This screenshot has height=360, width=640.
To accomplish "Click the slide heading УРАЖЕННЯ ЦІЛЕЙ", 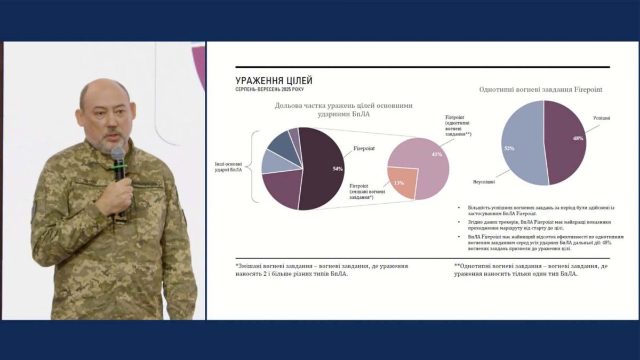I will pyautogui.click(x=274, y=81).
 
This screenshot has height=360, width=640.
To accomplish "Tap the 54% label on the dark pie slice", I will pyautogui.click(x=337, y=169).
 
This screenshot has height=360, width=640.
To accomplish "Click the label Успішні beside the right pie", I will pyautogui.click(x=602, y=117).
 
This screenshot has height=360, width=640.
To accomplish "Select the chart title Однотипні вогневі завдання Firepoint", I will pyautogui.click(x=541, y=90).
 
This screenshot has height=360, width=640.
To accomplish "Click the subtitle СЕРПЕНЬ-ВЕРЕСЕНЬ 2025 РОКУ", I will pyautogui.click(x=269, y=90).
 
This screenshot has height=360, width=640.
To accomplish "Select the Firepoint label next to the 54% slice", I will pyautogui.click(x=363, y=148).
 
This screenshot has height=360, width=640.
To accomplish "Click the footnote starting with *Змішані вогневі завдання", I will pyautogui.click(x=322, y=269).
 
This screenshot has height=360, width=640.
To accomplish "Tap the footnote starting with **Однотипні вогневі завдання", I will pyautogui.click(x=531, y=269).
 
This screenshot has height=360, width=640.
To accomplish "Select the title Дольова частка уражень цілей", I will pyautogui.click(x=343, y=109).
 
